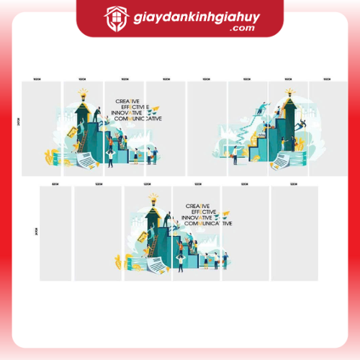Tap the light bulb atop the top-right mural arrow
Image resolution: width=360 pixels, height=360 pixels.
[x=289, y=92]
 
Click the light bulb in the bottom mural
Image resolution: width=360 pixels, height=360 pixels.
[x=153, y=197]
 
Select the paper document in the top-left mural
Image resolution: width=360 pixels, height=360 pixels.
[x=85, y=161]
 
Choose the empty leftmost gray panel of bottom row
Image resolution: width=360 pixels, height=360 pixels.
[x=55, y=234]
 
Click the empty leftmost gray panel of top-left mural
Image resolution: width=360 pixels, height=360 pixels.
[x=42, y=128]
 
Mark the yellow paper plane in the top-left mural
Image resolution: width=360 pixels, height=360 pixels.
[x=147, y=109]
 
